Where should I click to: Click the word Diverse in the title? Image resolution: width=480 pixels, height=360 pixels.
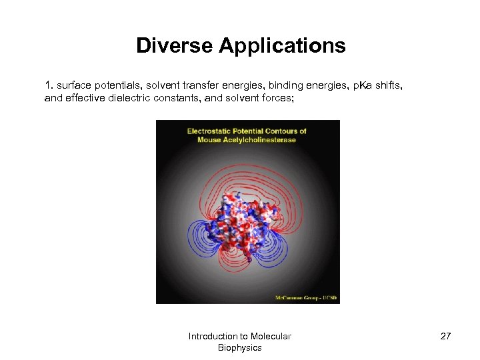pos(174,45)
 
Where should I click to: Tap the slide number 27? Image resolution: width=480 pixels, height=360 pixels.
pos(445,336)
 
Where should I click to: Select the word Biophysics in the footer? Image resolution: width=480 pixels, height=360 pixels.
pos(239,347)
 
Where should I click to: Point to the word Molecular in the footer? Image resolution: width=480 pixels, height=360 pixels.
pos(271,336)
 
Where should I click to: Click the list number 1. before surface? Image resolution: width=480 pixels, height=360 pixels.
pos(49,85)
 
